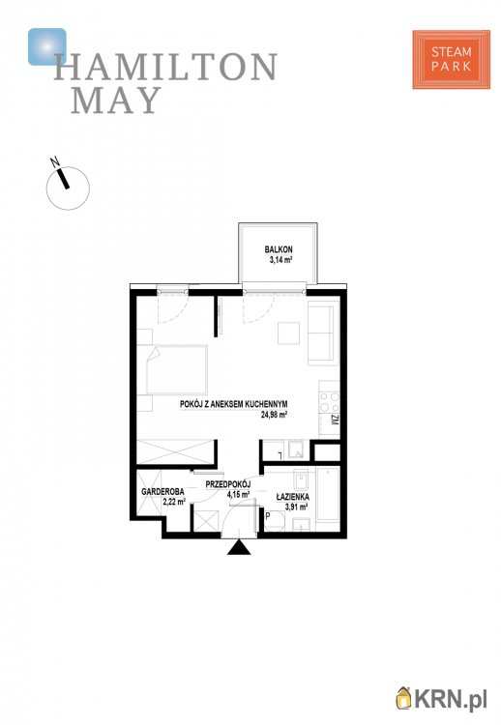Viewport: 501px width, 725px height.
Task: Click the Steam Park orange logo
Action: pyautogui.click(x=451, y=59)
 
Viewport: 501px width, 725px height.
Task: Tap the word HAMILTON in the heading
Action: pyautogui.click(x=165, y=67)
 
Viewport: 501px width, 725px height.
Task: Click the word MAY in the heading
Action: pyautogui.click(x=116, y=100)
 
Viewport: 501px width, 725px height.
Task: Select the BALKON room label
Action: pyautogui.click(x=279, y=249)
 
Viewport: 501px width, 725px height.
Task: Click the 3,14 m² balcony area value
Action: pyautogui.click(x=280, y=260)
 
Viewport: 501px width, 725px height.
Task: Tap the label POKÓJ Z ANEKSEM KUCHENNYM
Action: pyautogui.click(x=234, y=404)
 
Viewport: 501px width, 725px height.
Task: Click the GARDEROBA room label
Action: pyautogui.click(x=162, y=491)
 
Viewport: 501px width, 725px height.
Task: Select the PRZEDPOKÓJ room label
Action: pyautogui.click(x=227, y=484)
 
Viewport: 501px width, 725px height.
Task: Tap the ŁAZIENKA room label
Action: pyautogui.click(x=293, y=497)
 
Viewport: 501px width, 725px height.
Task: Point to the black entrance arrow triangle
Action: pyautogui.click(x=239, y=547)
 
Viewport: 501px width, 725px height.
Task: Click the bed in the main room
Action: pyautogui.click(x=176, y=370)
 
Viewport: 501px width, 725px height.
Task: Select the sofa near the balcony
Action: pyautogui.click(x=320, y=333)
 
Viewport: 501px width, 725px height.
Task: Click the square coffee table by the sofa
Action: pyautogui.click(x=288, y=333)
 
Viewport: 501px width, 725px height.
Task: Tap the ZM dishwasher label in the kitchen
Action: pyautogui.click(x=335, y=420)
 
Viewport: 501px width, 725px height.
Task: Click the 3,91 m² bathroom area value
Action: pyautogui.click(x=297, y=507)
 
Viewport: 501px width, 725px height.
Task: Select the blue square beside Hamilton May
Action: pyautogui.click(x=46, y=46)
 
